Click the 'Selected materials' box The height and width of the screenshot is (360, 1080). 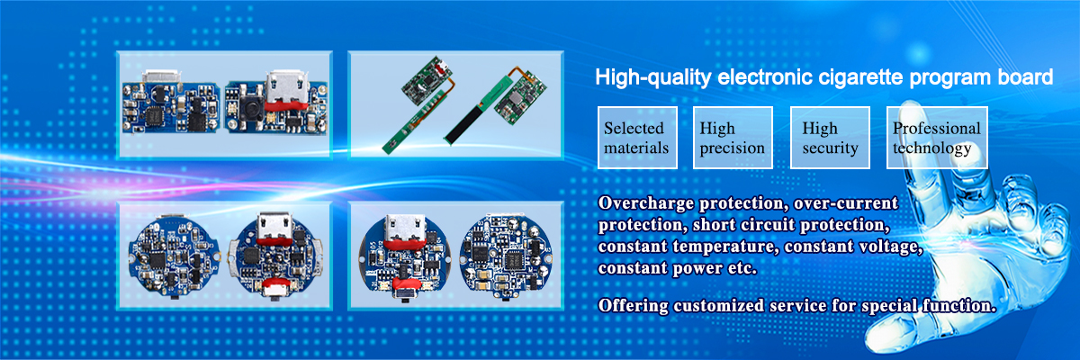(637, 138)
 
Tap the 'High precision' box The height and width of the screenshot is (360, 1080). (733, 138)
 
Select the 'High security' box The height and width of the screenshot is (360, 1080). (830, 138)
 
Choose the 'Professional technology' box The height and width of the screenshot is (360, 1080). (937, 138)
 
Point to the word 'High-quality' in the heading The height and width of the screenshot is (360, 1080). (653, 77)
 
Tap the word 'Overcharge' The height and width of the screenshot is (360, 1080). (645, 203)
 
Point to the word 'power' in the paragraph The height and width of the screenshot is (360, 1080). (697, 268)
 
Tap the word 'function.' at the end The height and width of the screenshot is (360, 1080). (959, 305)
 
